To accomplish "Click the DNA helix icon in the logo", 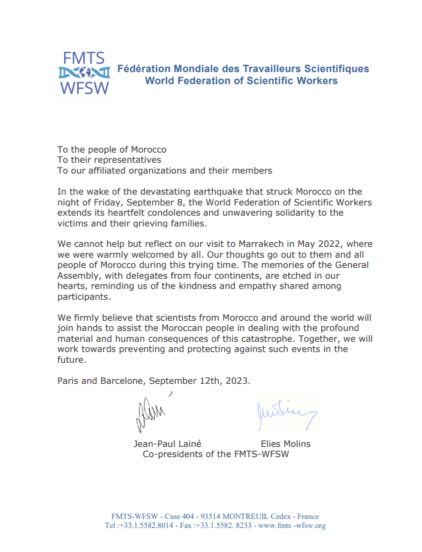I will coord(84,74).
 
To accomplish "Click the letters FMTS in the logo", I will coord(84,58).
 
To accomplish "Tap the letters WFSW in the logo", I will coord(84,89).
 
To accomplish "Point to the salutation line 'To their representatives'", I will coord(109,160).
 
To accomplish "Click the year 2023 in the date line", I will coord(238,381).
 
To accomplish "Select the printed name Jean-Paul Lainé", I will coord(167,444).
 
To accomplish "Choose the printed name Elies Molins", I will coord(285,444).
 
